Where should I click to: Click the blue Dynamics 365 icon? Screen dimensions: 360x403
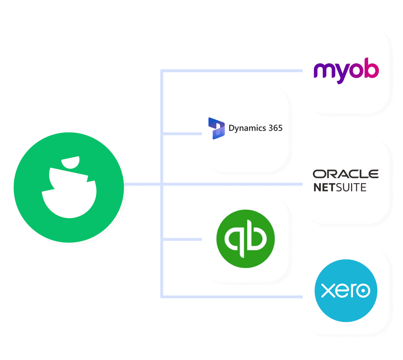coord(217,128)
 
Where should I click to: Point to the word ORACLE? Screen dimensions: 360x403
coord(345,174)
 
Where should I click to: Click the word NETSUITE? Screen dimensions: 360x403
coord(340,188)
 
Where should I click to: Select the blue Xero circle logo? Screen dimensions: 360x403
coord(345,291)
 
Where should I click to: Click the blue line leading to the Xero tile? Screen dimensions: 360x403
coord(252,297)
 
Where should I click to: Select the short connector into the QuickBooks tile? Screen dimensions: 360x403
coord(182,239)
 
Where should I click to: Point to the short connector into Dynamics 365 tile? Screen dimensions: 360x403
coord(182,134)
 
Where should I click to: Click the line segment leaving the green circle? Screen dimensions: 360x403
coord(142,184)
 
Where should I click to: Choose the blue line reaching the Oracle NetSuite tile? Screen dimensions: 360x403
coord(252,184)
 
